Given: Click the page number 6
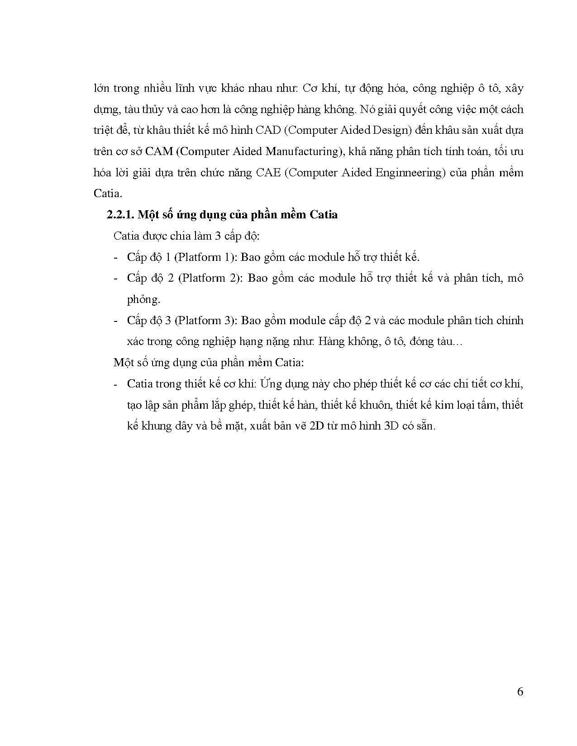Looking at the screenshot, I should click(x=520, y=692).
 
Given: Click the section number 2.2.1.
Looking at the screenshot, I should click(x=120, y=215).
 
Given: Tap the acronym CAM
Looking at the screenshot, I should click(x=159, y=151).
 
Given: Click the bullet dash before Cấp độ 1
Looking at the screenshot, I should click(x=116, y=258).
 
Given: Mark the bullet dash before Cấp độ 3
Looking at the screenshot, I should click(x=116, y=321).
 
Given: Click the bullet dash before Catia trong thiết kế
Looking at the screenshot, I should click(x=116, y=384).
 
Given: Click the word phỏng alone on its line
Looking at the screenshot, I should click(x=143, y=299).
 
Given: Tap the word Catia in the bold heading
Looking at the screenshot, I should click(x=324, y=215).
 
